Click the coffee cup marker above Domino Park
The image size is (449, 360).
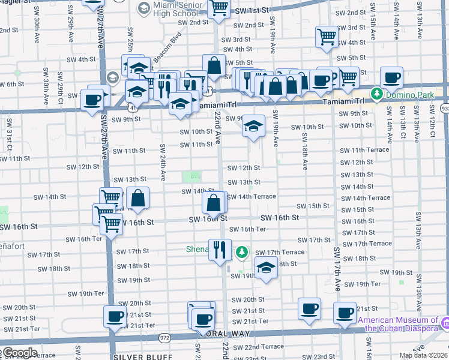[x=391, y=77]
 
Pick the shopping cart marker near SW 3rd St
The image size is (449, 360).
[x=327, y=37]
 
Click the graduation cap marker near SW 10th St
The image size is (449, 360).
[x=253, y=127]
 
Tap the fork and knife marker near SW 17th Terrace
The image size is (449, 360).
[x=220, y=248]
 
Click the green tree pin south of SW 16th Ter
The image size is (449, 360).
[x=242, y=252]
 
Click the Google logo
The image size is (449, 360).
[x=19, y=353]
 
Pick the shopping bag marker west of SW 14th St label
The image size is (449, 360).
[x=137, y=198]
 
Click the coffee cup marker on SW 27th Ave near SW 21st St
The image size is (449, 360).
[x=115, y=316]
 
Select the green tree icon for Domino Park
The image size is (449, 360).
[x=376, y=94]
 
